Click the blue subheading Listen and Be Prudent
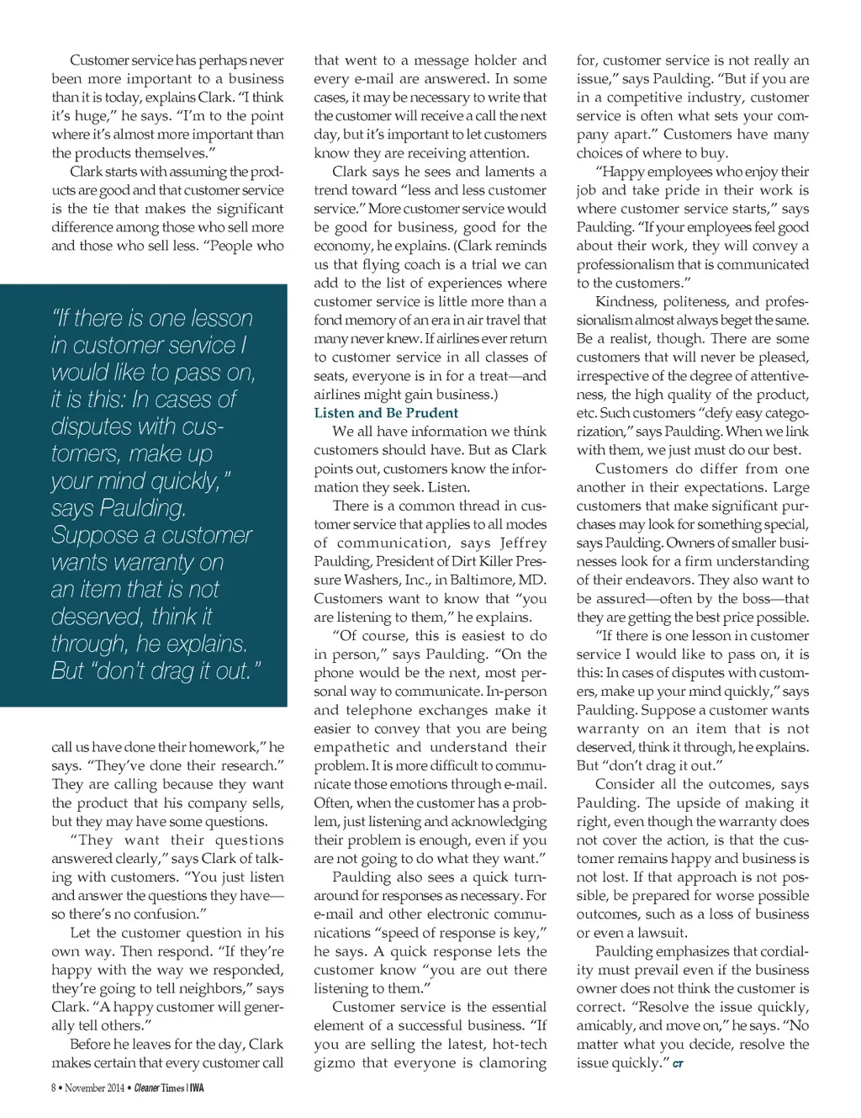pyautogui.click(x=386, y=413)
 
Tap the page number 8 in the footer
pyautogui.click(x=54, y=1088)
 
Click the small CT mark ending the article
pyautogui.click(x=678, y=1065)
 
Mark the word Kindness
pyautogui.click(x=624, y=301)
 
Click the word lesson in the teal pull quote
pyautogui.click(x=219, y=319)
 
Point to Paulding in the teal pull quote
pyautogui.click(x=141, y=508)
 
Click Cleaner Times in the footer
pyautogui.click(x=159, y=1088)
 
